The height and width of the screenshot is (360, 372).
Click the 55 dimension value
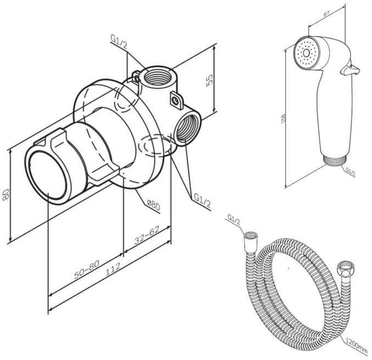(208, 80)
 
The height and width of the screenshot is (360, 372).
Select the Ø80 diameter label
(153, 205)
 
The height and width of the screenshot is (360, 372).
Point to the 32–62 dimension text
(147, 239)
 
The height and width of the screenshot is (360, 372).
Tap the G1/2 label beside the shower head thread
(350, 172)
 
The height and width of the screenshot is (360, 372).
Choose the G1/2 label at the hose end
(234, 221)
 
